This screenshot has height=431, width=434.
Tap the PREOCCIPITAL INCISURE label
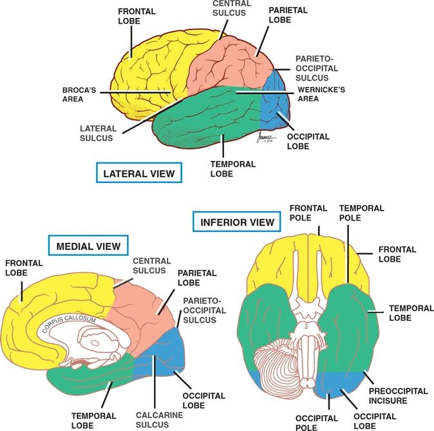[396, 396]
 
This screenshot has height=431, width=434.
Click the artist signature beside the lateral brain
[259, 139]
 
